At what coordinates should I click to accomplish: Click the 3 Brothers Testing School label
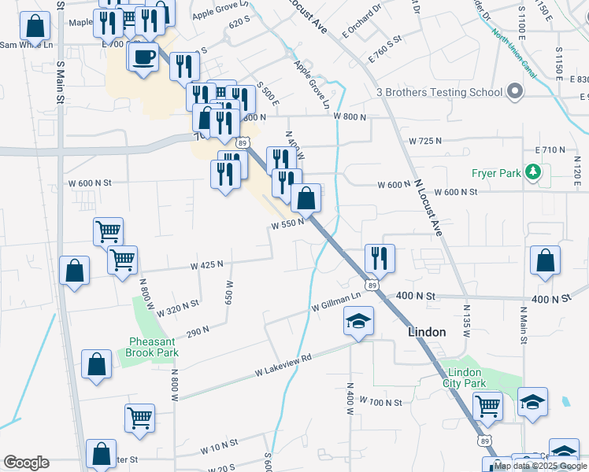pos(439,93)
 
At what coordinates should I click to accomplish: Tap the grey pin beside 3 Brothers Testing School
pos(515,93)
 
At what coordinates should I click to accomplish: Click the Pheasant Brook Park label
pos(152,347)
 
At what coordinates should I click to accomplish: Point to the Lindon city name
pos(427,332)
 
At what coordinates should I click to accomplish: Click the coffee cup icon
pos(144,57)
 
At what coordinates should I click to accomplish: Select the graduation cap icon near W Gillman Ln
pos(358,321)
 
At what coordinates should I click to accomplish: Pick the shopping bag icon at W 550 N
pos(306,198)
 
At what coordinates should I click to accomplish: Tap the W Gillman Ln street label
pos(335,300)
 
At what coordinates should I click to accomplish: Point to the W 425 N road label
pos(206,266)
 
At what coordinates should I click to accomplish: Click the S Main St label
pos(60,79)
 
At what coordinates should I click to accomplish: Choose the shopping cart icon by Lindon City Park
pos(487,406)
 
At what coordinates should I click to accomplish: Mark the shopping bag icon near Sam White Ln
pos(35,27)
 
